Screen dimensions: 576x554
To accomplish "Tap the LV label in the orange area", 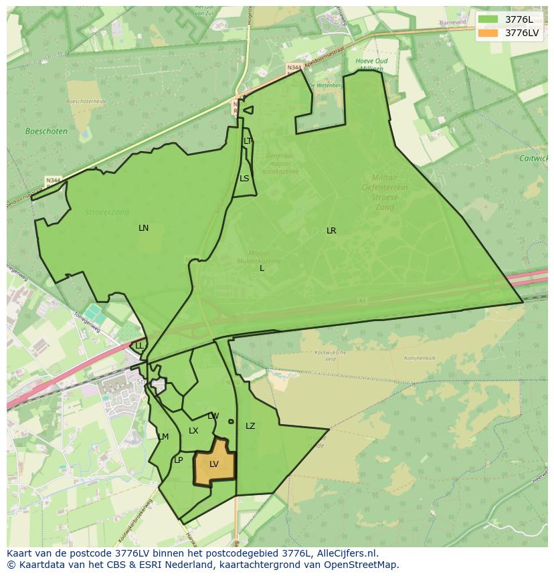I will (x=214, y=464).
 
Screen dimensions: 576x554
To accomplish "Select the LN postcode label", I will (x=143, y=228).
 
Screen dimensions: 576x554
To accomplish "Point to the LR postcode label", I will (x=331, y=231).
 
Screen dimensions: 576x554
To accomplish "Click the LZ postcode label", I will (x=250, y=426).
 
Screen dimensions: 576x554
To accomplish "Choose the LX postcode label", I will (x=193, y=431).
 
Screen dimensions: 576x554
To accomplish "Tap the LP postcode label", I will (x=179, y=460).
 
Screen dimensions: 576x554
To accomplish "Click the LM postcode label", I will (x=163, y=437).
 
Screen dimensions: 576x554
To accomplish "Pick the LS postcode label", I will (x=244, y=179).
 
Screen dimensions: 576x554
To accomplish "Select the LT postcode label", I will (x=248, y=141).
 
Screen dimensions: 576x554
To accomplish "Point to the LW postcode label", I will (x=213, y=416).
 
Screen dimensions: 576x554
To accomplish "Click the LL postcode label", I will (x=139, y=346).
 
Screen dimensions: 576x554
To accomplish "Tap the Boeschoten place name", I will (x=46, y=131).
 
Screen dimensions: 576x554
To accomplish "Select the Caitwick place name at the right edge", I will (x=533, y=159).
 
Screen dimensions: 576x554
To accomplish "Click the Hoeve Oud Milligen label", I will (x=371, y=65).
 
